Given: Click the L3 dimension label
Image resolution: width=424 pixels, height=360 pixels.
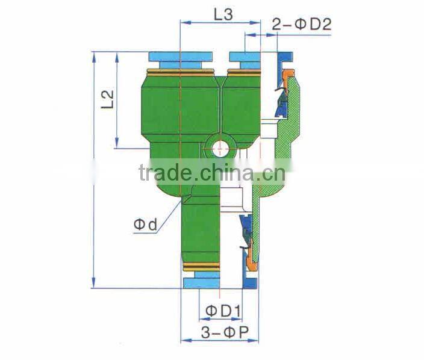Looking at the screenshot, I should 223,14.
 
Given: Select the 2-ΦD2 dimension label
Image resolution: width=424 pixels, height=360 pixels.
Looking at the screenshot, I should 301,24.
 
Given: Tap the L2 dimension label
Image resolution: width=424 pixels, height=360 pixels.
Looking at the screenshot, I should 107,99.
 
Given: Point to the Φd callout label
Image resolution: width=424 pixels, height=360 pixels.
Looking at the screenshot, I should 145,225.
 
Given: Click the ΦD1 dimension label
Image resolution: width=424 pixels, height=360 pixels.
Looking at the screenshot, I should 223,311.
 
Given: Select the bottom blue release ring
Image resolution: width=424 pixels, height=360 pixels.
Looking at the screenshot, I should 202,282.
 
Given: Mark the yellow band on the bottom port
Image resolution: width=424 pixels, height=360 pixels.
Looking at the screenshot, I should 201,267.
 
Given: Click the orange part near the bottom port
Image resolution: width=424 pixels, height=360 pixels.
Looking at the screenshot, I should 250,260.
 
